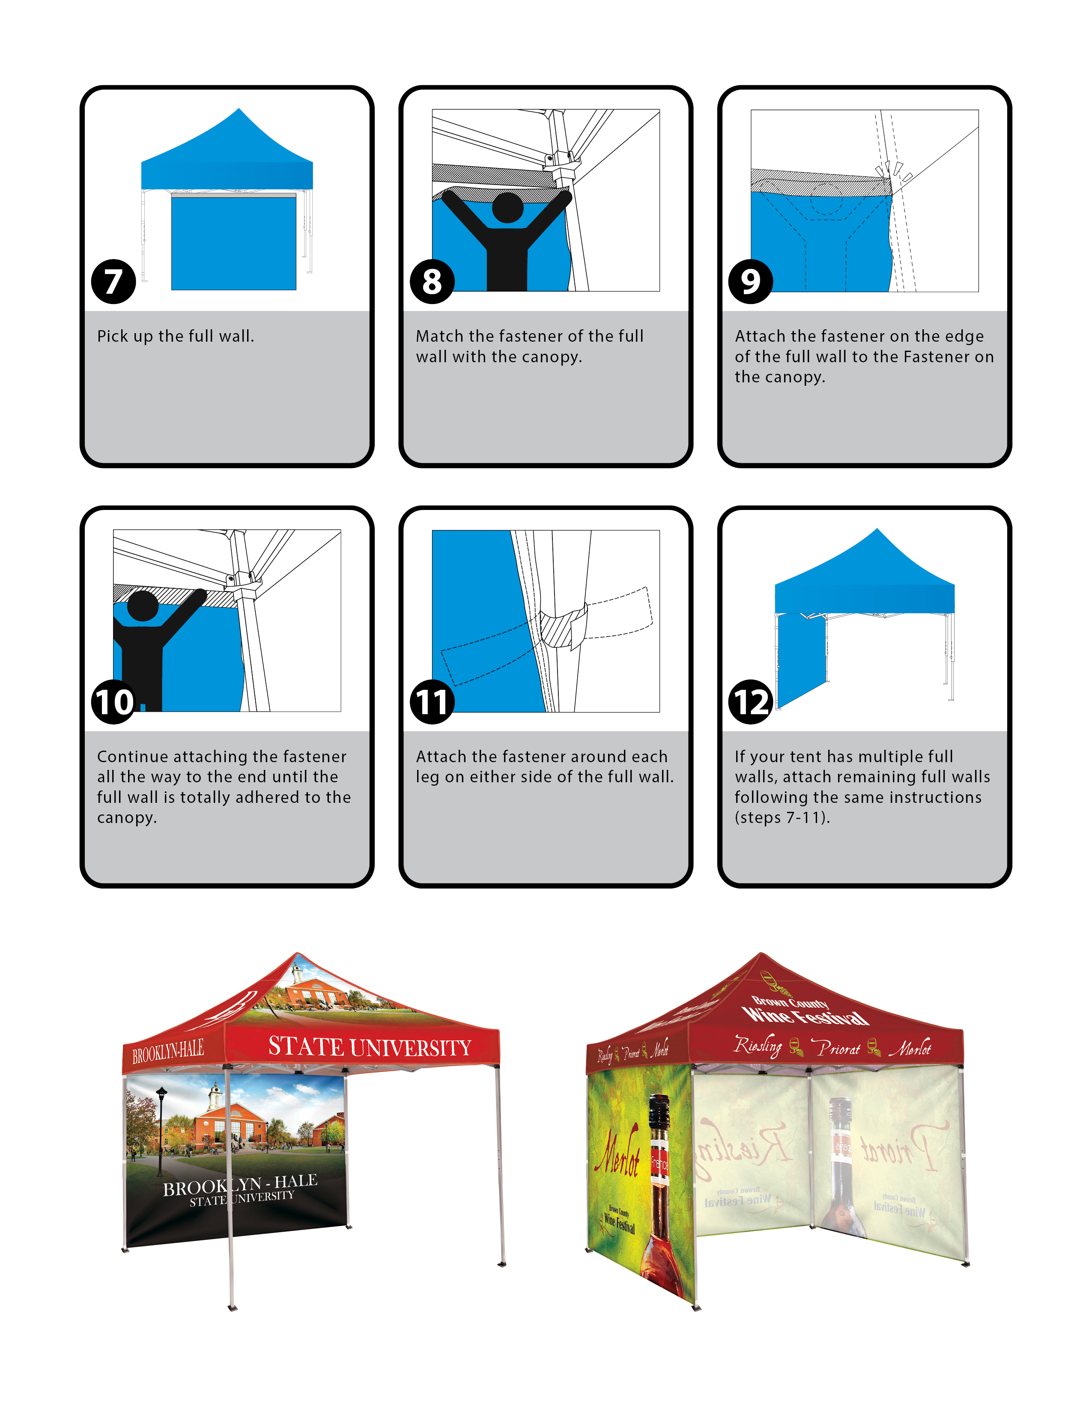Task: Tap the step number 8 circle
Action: [x=432, y=281]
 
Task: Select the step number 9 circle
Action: [x=750, y=281]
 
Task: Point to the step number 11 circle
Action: [x=432, y=702]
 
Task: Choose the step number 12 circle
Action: [x=750, y=702]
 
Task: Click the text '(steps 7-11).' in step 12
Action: [x=782, y=818]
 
